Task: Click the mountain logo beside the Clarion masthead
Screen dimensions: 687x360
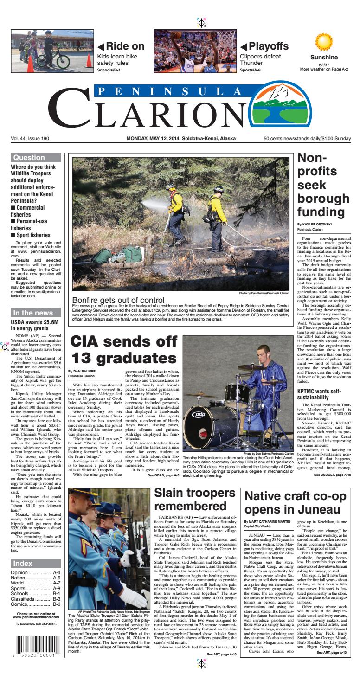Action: click(x=321, y=109)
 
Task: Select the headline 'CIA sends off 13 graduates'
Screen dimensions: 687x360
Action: click(x=123, y=349)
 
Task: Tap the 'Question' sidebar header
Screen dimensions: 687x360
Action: click(x=29, y=158)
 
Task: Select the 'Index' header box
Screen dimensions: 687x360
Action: click(x=23, y=563)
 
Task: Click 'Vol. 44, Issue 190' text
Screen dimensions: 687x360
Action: click(x=30, y=139)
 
